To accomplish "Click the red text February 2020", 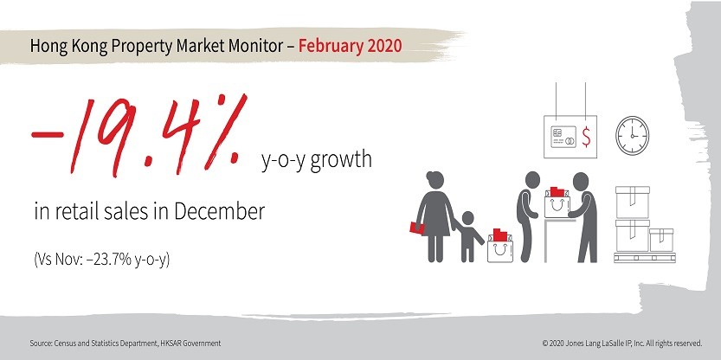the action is tap(350, 46).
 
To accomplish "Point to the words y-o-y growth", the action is tap(317, 161).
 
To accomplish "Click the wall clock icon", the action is tap(632, 135).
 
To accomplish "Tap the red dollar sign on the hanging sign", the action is tap(586, 137).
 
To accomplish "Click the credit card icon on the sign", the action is tap(563, 137).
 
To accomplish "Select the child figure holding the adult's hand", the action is tap(467, 236).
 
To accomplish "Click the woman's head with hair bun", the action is tap(435, 178).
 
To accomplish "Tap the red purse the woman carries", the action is tap(417, 228).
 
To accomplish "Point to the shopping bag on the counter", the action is tap(557, 202).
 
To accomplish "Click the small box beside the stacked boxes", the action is tap(661, 240).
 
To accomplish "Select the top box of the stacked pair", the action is tap(632, 202).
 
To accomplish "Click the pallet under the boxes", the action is tap(645, 258).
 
